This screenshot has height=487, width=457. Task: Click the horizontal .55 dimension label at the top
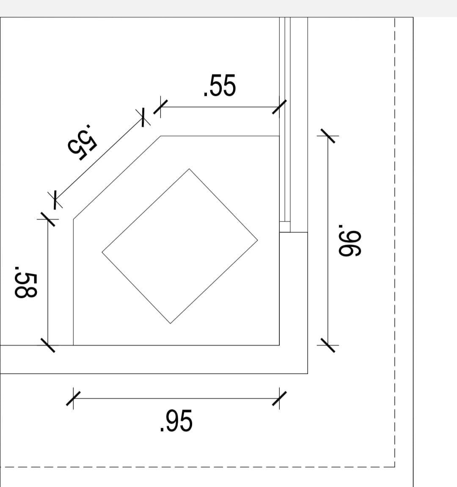(x=220, y=85)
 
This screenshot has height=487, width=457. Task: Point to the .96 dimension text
(x=350, y=241)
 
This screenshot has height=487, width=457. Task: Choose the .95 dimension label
(x=176, y=421)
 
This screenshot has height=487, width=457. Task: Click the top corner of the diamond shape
(x=189, y=169)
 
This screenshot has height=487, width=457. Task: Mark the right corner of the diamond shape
(x=257, y=240)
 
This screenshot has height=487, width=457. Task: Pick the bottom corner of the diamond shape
(x=171, y=323)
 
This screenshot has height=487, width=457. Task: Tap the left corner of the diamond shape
(x=102, y=252)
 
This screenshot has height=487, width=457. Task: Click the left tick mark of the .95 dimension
(x=73, y=399)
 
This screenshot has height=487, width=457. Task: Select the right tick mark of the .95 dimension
(x=279, y=399)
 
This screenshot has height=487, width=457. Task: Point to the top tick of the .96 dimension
(x=328, y=136)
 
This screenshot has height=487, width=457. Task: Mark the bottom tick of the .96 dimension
(x=328, y=345)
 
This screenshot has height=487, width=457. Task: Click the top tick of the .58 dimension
(x=47, y=219)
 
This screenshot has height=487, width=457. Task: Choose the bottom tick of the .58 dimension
(x=47, y=345)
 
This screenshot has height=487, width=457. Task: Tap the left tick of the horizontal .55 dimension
(x=160, y=107)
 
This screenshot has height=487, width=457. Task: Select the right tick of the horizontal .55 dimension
(x=279, y=107)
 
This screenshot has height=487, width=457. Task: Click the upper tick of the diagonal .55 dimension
(x=143, y=118)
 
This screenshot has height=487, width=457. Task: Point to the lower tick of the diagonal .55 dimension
(x=55, y=200)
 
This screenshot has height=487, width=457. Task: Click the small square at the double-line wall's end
(x=285, y=227)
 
